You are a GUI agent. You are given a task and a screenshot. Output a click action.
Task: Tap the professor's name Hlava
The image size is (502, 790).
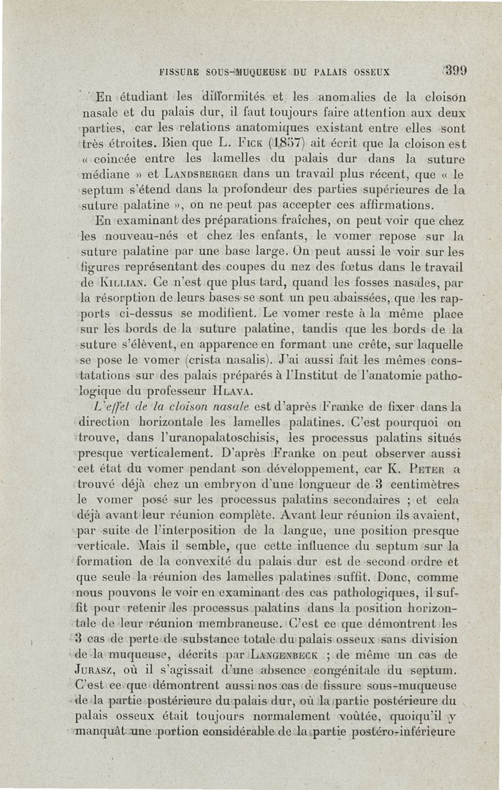235,391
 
